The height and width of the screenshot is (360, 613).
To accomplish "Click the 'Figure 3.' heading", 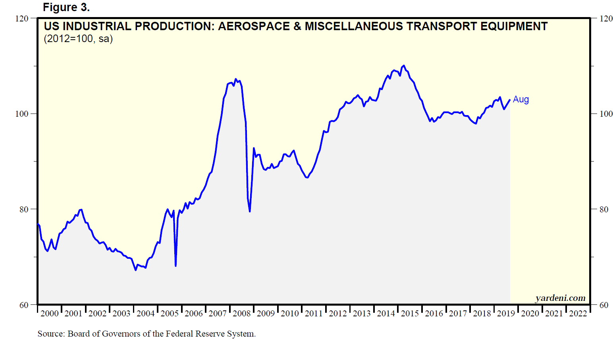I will pos(66,7).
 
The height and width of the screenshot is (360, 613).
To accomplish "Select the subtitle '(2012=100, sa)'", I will pos(78,39).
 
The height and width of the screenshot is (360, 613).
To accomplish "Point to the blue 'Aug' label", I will pos(520,99).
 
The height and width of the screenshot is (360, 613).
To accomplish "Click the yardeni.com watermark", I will pos(560,298).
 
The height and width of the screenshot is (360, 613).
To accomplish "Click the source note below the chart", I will pos(147,334).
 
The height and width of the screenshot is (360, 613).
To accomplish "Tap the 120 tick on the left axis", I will pos(22,18).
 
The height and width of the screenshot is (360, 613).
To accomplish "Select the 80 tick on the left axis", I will pos(24,209).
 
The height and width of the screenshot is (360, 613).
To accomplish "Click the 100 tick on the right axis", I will pos(606,114).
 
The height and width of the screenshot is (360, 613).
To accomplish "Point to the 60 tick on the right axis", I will pos(603,305).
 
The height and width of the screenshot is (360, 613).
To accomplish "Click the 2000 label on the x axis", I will pos(50,314).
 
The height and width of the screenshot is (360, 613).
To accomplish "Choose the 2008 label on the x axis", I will pos(242,314).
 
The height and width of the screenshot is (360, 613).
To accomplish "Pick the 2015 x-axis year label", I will pos(410,314).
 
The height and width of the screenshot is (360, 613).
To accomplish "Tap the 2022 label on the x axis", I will pos(578,314).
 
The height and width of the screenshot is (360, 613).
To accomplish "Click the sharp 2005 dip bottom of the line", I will pos(175,266).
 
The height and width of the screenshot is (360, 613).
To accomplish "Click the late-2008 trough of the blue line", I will pos(250,211).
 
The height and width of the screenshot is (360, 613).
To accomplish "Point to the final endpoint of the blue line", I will pos(510,100).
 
